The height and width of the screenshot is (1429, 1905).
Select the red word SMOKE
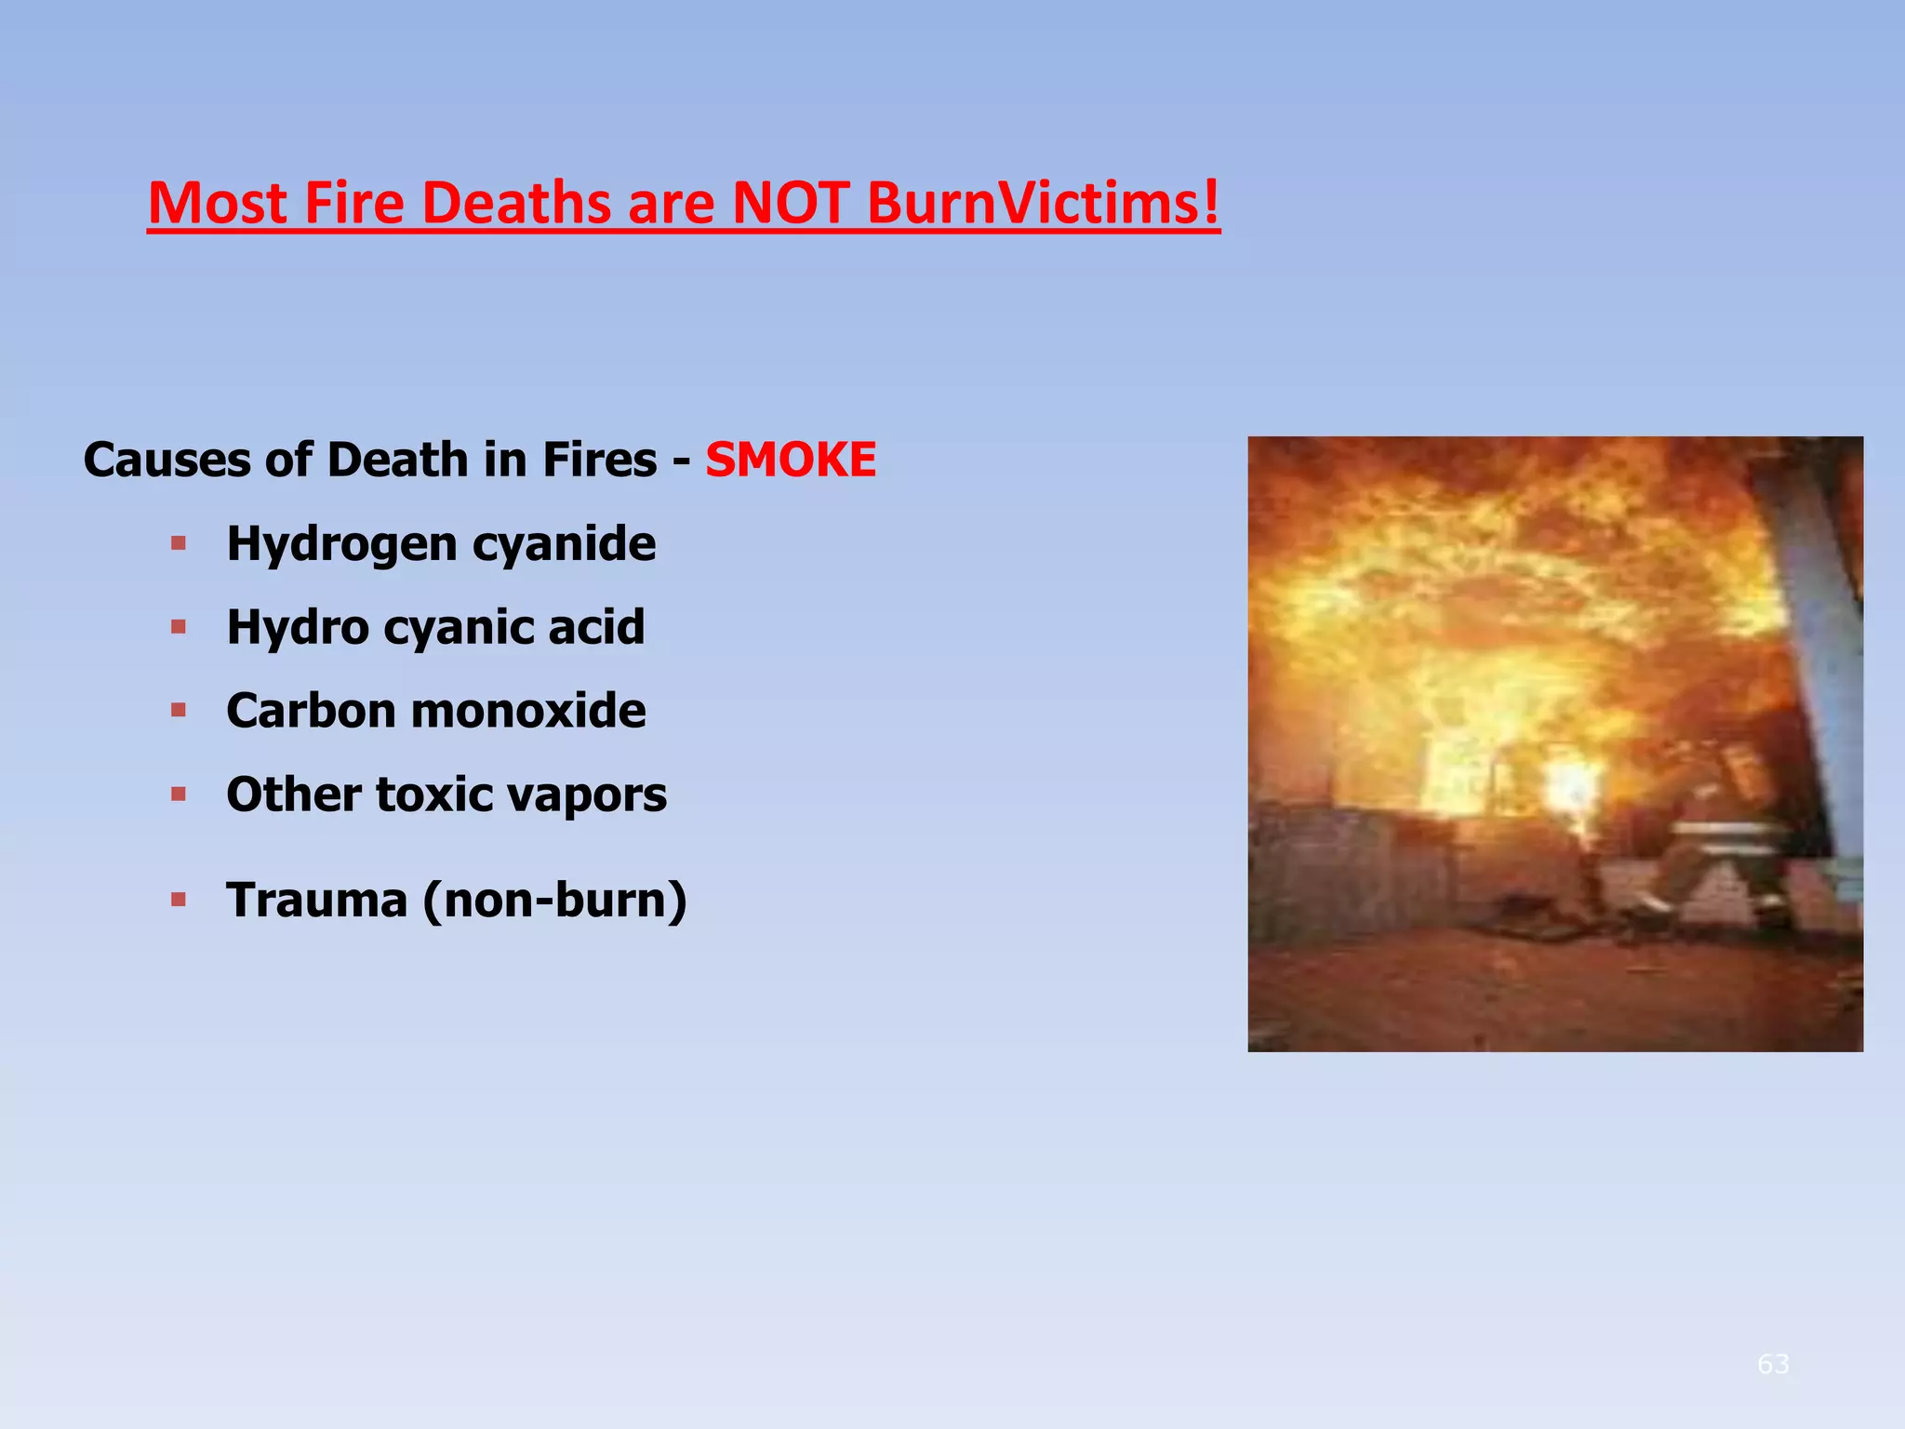pos(791,460)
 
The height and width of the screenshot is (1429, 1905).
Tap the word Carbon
pos(312,711)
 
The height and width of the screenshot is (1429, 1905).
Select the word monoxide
pos(527,711)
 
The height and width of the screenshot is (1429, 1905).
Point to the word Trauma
pos(317,900)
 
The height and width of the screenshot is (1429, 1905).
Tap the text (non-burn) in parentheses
pos(554,901)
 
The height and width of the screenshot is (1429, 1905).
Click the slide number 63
pos(1773,1364)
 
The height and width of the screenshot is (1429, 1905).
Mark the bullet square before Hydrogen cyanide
pos(179,543)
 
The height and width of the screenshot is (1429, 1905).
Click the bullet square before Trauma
pos(179,900)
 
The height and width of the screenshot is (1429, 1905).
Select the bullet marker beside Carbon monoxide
pos(179,711)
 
